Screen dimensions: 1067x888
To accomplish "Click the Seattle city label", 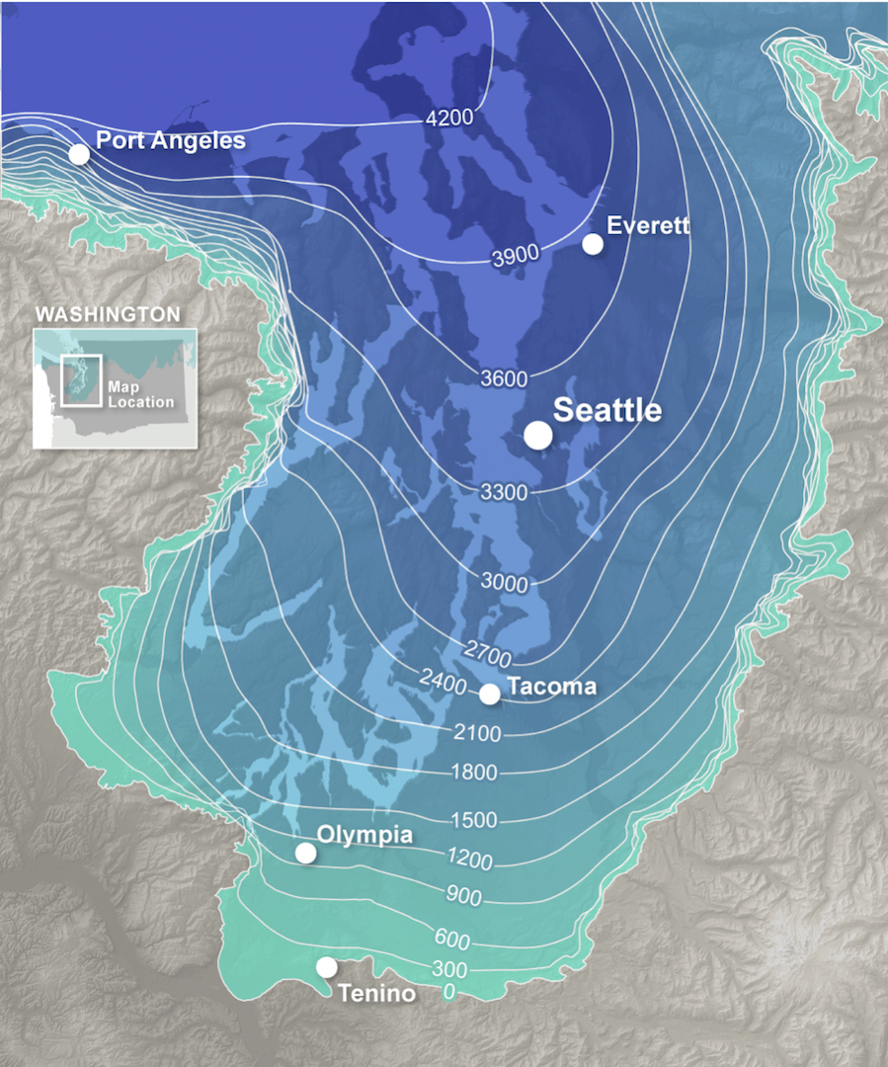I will click(x=606, y=410).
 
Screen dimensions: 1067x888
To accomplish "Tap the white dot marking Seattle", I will click(x=538, y=435).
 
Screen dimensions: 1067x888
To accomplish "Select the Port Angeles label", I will click(x=171, y=140).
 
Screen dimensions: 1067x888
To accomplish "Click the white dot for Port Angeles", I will click(x=79, y=154).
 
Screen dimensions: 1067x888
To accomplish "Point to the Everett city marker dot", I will click(x=593, y=244).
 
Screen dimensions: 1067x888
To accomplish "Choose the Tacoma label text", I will click(x=551, y=686).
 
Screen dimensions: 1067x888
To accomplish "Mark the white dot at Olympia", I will click(x=306, y=854).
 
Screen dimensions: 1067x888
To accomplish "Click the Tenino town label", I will click(x=376, y=993).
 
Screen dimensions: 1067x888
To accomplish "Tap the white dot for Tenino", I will click(x=326, y=967).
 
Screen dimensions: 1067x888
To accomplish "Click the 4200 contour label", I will click(x=450, y=118).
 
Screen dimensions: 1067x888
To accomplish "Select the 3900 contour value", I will click(x=515, y=254).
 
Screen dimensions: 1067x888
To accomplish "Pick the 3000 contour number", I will click(x=504, y=582).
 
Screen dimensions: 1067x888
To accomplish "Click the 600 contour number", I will click(x=450, y=940).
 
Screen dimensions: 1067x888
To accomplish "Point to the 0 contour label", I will click(x=449, y=992).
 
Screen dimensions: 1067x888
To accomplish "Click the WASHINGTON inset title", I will click(x=108, y=314).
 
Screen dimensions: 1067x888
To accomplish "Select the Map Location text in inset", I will click(x=141, y=394).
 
